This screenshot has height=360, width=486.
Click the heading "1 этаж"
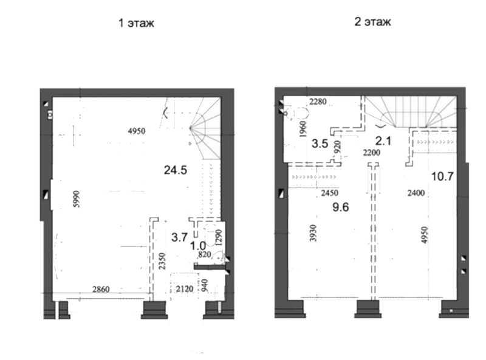coord(136,23)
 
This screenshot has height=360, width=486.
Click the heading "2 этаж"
coord(372,22)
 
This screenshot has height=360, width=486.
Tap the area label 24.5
coord(176,170)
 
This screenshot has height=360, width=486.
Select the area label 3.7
coord(179,237)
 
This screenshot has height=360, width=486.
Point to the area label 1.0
coord(198,246)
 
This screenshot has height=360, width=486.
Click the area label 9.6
coord(341,207)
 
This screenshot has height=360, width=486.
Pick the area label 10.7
coord(442,176)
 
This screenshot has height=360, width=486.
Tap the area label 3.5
coord(320,144)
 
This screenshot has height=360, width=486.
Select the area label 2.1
coord(383,141)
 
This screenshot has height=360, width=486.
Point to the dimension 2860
coord(101,289)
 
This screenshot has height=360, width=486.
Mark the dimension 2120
coord(185,289)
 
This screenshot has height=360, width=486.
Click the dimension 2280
coord(318,102)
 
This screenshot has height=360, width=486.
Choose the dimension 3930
coord(313,234)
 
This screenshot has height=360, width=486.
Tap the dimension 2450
coord(329,193)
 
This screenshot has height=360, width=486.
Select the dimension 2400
coord(416,193)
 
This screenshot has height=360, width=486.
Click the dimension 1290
coord(219,238)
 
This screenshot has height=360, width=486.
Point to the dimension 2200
coord(372,153)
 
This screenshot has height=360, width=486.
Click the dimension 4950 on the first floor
coord(137,131)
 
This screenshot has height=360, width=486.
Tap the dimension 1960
coord(303,129)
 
